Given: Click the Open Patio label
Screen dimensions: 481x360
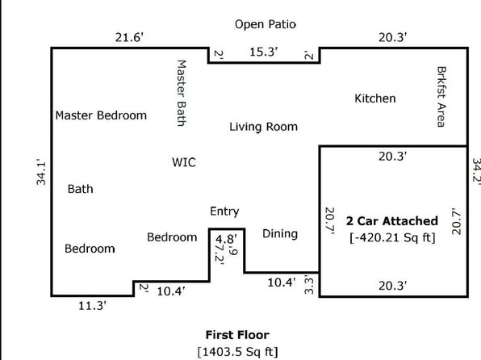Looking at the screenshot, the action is point(266,24).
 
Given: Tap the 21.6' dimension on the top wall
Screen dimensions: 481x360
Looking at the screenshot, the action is point(129,37).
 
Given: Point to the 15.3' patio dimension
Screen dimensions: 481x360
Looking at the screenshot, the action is point(264,52).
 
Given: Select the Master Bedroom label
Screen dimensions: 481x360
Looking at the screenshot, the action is point(101,115).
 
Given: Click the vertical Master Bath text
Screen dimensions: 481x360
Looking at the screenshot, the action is point(182,93).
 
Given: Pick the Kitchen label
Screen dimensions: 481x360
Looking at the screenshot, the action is point(374,98).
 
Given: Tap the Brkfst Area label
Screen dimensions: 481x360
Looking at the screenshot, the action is point(441,97).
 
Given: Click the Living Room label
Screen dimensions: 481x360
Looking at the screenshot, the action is point(264,127).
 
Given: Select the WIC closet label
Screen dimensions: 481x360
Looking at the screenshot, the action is point(184,162).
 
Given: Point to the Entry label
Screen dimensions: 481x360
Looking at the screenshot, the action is point(224,211).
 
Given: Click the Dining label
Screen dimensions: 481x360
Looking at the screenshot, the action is point(280,234).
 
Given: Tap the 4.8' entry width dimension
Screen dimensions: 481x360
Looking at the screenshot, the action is point(226,239).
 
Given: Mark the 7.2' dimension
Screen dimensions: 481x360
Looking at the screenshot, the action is point(220,253).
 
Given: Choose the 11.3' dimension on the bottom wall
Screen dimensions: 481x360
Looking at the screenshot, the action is point(92,306).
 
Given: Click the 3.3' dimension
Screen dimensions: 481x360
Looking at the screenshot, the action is point(309,285).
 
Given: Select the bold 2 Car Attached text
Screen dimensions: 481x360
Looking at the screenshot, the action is point(392,221).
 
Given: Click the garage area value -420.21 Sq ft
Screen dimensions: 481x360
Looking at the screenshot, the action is point(392,237).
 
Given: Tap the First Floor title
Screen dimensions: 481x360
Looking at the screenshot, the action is point(237,335).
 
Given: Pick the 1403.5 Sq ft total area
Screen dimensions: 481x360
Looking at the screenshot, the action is point(238,351).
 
